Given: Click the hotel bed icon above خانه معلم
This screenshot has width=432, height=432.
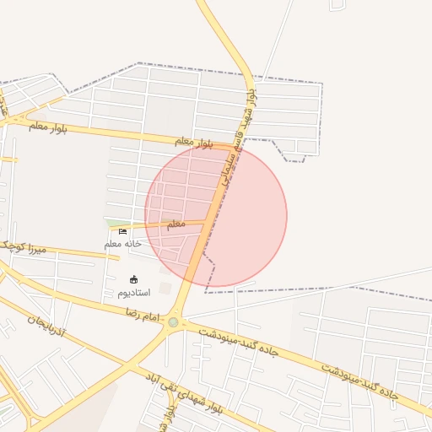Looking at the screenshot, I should tap(123, 231).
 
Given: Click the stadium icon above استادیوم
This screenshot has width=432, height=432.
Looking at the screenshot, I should tap(133, 279).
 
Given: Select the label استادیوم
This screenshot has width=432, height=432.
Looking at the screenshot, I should tap(132, 293).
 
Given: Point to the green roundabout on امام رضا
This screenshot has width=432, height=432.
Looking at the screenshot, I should tap(174, 321).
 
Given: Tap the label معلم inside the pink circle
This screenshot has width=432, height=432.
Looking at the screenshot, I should tap(176, 224).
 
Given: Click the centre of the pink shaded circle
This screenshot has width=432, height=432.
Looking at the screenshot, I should tap(216, 216).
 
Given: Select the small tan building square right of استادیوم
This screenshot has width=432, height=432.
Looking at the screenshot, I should tap(165, 289).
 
